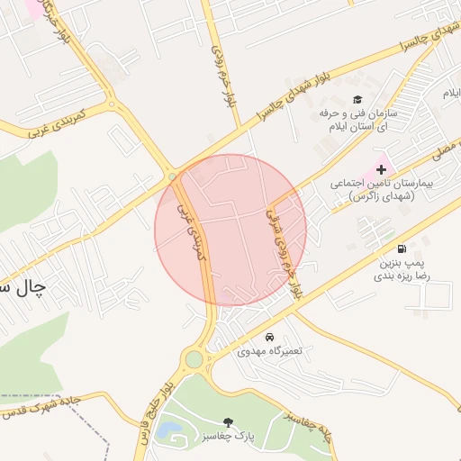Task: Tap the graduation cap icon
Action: click(x=357, y=100)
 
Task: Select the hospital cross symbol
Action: click(x=381, y=168)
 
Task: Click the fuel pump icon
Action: click(x=400, y=249)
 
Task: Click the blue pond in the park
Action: click(x=167, y=431)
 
